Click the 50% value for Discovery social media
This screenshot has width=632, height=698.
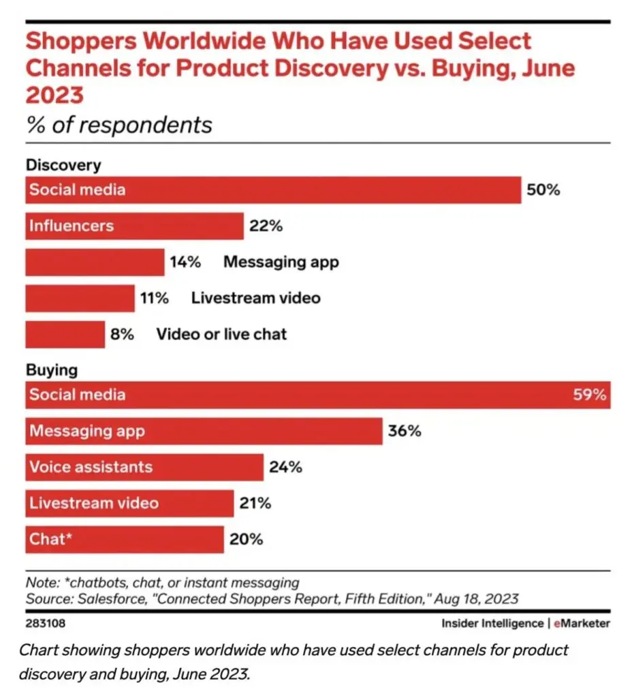(543, 190)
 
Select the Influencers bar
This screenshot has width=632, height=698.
(134, 226)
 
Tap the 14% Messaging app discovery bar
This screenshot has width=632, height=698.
(95, 262)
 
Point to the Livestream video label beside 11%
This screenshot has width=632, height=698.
(255, 298)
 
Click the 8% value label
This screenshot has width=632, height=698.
(122, 334)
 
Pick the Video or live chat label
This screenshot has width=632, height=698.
(221, 334)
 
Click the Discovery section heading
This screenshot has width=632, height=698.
(63, 165)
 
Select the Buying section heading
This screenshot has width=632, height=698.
(52, 371)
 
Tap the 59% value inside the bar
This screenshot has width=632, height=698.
(589, 395)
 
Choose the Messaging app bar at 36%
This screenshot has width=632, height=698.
(204, 431)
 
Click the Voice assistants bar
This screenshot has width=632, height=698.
(144, 468)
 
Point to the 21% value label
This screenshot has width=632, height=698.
(255, 504)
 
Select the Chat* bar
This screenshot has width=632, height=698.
(125, 539)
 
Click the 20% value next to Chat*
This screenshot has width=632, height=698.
(246, 539)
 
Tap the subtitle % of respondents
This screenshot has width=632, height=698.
(119, 125)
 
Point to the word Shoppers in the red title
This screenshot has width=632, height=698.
(82, 42)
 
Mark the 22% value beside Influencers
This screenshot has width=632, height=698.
(266, 226)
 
